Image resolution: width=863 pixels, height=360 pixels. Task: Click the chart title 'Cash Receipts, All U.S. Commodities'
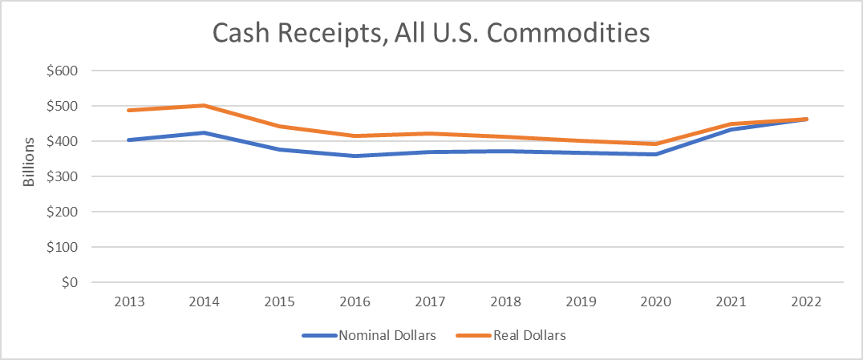click(431, 33)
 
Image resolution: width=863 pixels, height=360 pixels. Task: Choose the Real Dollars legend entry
click(513, 336)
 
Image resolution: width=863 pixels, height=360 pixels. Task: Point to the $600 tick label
click(61, 71)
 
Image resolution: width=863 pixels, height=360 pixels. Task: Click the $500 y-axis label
click(61, 106)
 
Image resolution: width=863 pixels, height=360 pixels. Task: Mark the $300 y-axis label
click(61, 176)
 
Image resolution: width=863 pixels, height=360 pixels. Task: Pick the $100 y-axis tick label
click(61, 247)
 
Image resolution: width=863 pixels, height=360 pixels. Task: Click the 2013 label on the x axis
click(129, 302)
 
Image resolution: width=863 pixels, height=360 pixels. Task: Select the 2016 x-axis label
click(355, 302)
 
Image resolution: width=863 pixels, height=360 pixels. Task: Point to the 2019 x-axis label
click(580, 302)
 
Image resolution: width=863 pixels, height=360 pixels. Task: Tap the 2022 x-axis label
click(805, 302)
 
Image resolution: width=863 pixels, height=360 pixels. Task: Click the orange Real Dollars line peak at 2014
click(205, 105)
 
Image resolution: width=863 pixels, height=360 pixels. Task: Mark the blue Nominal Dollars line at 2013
click(129, 140)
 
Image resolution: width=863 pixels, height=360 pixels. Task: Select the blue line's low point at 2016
click(355, 156)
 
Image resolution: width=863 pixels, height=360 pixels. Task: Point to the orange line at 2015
click(280, 126)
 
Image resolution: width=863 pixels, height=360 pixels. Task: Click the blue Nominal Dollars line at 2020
click(655, 154)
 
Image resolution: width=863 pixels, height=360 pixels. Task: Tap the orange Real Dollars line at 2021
click(730, 123)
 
